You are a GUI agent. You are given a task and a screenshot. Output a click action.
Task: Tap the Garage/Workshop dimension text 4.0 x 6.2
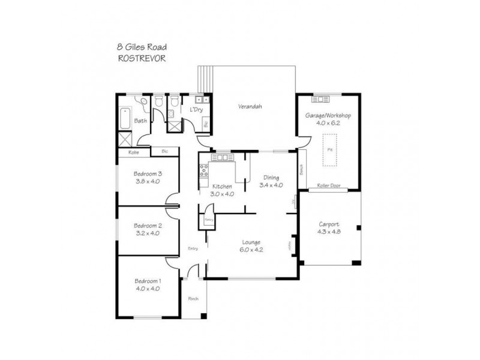click(x=328, y=122)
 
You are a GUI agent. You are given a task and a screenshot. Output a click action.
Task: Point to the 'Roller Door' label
click(x=328, y=186)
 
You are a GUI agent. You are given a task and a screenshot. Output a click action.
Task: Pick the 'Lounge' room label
click(x=251, y=242)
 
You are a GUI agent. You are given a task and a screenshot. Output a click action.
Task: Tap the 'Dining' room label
click(x=271, y=178)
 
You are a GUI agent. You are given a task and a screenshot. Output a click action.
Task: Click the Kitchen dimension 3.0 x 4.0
click(x=221, y=194)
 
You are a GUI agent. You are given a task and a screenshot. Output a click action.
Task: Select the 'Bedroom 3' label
click(x=148, y=174)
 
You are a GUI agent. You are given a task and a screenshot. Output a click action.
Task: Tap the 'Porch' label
click(x=193, y=298)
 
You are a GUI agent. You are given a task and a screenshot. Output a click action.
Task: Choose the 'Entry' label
click(x=193, y=248)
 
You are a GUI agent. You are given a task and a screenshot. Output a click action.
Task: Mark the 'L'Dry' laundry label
click(x=195, y=111)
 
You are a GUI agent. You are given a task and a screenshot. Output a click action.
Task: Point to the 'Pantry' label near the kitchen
click(x=209, y=220)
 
